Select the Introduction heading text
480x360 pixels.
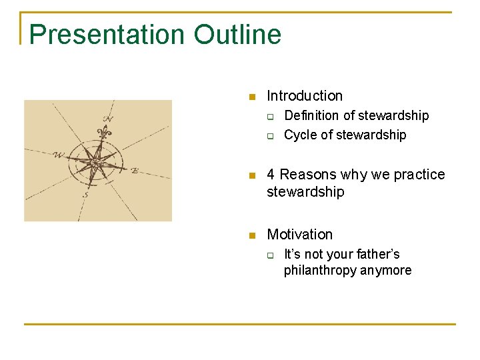click(305, 96)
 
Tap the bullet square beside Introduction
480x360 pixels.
click(252, 97)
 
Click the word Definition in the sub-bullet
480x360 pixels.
click(311, 116)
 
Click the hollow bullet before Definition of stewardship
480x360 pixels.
click(272, 117)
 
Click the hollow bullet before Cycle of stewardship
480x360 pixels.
click(272, 136)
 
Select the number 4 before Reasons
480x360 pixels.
click(271, 175)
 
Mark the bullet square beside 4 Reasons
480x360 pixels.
click(252, 176)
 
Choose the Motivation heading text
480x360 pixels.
click(299, 235)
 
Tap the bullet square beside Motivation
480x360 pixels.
click(252, 236)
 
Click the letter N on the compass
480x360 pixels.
click(107, 120)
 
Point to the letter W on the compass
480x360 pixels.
click(59, 155)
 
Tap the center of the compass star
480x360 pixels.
click(97, 162)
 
